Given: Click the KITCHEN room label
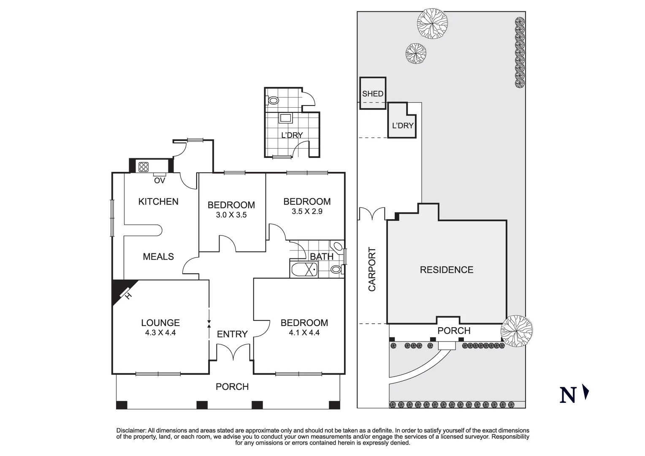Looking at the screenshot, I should point(158,202).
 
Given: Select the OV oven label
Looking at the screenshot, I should point(159,181).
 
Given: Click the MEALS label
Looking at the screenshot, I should point(158,257).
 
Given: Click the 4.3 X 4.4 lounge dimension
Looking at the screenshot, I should point(160,333).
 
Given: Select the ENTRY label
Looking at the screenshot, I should point(232,334).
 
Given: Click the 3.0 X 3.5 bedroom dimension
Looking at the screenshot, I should point(231,215).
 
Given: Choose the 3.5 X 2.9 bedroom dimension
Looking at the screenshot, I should point(306,212).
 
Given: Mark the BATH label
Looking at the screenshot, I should point(321,257).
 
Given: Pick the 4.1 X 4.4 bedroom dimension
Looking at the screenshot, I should point(304,333).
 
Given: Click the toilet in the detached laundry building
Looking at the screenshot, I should point(273,101).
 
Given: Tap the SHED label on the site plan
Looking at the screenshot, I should point(373,94).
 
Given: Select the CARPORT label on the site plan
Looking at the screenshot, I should point(372,269).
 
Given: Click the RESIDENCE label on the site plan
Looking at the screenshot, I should point(446,270).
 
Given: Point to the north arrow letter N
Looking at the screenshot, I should point(568,395).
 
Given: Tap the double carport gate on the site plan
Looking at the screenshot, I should point(372,214).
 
